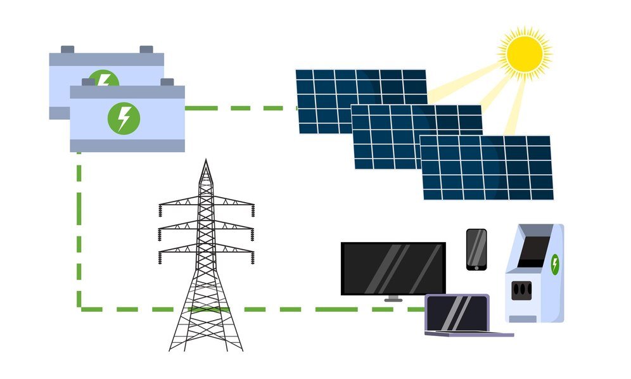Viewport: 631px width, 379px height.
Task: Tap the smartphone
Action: click(476, 249)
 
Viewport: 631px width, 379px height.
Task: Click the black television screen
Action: click(393, 268)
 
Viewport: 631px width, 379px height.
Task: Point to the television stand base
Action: click(393, 299)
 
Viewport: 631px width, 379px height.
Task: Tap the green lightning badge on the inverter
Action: click(555, 264)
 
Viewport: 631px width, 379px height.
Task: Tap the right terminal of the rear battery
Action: click(146, 49)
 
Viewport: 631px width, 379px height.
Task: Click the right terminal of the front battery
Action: click(167, 82)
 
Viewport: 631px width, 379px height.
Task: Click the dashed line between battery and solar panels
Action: click(241, 108)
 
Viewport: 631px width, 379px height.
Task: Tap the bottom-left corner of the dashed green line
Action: click(79, 309)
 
